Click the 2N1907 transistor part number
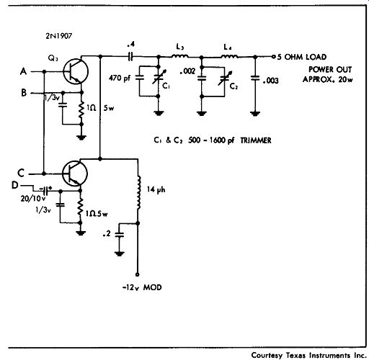tap(59, 36)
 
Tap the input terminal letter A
tap(23, 71)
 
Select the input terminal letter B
tap(24, 93)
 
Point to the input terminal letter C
tap(21, 173)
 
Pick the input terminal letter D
tap(15, 185)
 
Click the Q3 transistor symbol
tap(76, 71)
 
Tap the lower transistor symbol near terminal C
tap(75, 174)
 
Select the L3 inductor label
tap(180, 47)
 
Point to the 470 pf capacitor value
tap(120, 78)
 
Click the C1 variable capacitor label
tap(166, 86)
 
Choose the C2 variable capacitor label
tap(234, 86)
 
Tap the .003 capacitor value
tap(271, 81)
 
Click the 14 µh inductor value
tap(156, 190)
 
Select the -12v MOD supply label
tap(142, 287)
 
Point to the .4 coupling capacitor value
tap(131, 44)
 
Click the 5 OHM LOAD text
tap(302, 57)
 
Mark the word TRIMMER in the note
tap(256, 140)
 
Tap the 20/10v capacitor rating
tap(33, 199)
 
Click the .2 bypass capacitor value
tap(107, 233)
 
